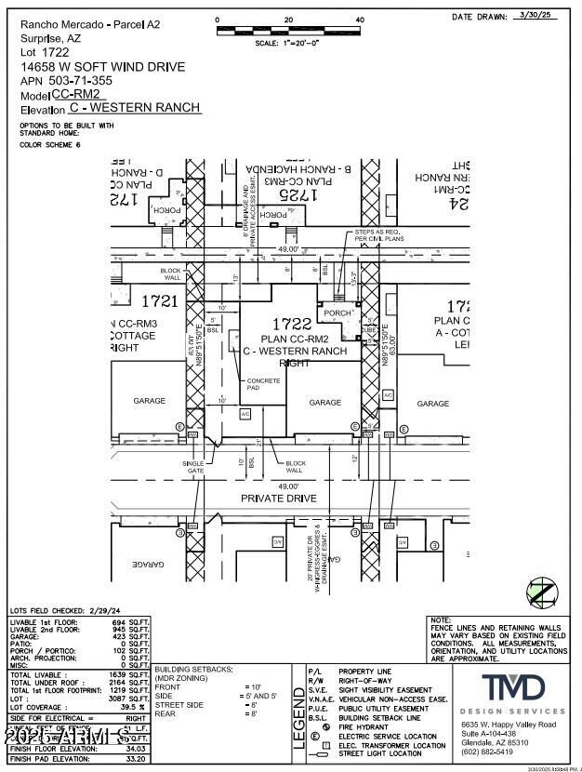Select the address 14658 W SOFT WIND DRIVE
pyautogui.click(x=103, y=67)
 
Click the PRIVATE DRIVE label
pyautogui.click(x=279, y=499)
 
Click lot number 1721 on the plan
pyautogui.click(x=159, y=300)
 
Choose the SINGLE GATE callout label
pyautogui.click(x=193, y=467)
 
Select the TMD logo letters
pyautogui.click(x=512, y=688)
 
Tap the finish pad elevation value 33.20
pyautogui.click(x=136, y=759)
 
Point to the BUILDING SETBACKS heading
pyautogui.click(x=193, y=670)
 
